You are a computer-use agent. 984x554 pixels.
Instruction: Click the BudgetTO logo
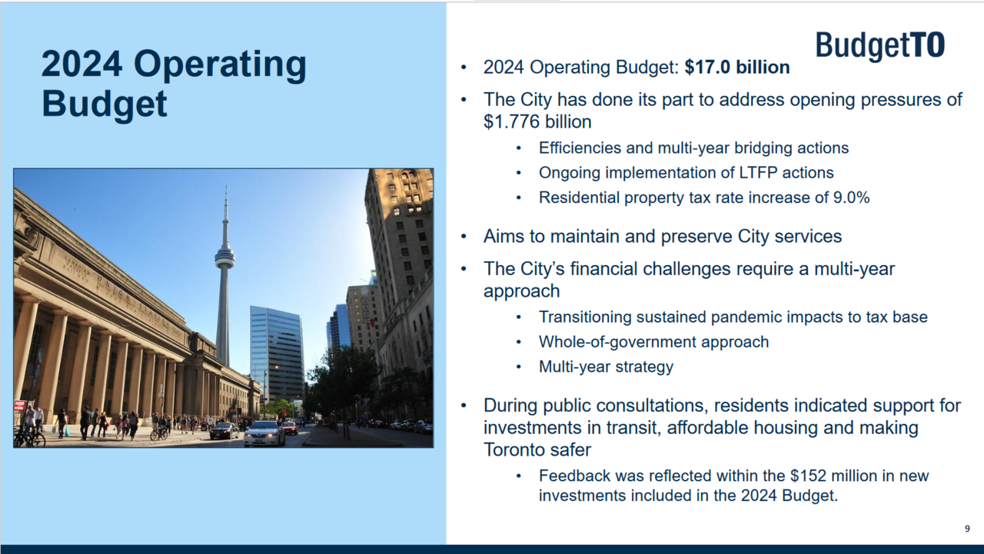point(880,45)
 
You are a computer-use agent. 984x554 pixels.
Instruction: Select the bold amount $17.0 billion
point(737,67)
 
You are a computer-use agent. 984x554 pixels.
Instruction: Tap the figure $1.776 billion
point(537,121)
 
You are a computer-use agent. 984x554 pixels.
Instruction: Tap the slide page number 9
point(967,529)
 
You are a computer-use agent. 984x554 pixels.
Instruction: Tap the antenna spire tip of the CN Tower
point(226,186)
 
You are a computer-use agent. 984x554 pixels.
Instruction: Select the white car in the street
point(264,433)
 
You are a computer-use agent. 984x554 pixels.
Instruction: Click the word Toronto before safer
point(517,450)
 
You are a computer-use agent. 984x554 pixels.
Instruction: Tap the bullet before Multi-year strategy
point(519,367)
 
